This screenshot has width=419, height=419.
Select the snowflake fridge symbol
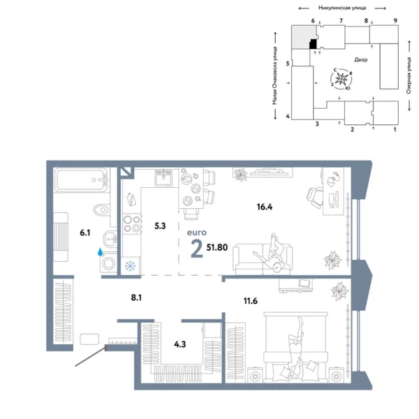pyautogui.click(x=129, y=266)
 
